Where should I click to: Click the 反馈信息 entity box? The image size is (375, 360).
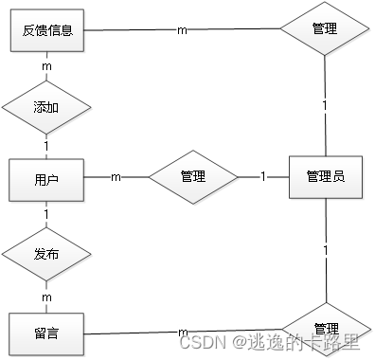pos(47,30)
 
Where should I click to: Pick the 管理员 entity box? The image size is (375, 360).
pos(325,176)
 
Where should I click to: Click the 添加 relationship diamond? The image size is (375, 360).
pos(46,106)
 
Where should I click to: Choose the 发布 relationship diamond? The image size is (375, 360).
pos(46,254)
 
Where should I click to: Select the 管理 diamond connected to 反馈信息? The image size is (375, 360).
pos(325,29)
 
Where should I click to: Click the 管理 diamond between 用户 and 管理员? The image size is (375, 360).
pos(193,176)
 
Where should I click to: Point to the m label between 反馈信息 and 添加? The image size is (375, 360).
pos(46,66)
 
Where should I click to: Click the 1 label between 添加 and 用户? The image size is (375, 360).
pos(46,145)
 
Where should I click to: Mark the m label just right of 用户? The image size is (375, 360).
pos(116,177)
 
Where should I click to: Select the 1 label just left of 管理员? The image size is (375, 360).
pos(263,177)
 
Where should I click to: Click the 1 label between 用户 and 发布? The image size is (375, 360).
pos(46,214)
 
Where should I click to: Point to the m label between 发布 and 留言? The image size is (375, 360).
pos(46,297)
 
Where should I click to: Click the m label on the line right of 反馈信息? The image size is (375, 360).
pos(182,29)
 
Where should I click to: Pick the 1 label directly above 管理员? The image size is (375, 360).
pos(325,103)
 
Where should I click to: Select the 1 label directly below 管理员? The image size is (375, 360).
pos(325,250)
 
